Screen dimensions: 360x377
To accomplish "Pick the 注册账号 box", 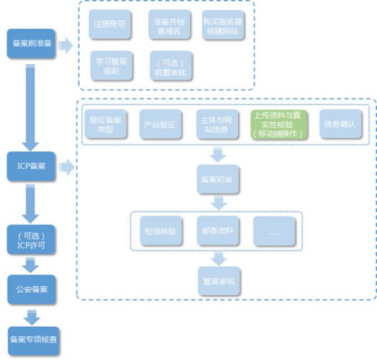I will click(x=109, y=24).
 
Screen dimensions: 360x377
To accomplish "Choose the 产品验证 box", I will click(x=160, y=123).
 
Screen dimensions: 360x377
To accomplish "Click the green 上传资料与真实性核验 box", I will click(x=277, y=123).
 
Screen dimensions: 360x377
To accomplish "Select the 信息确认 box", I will click(x=337, y=123).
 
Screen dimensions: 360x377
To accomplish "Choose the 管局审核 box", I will click(x=218, y=279).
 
